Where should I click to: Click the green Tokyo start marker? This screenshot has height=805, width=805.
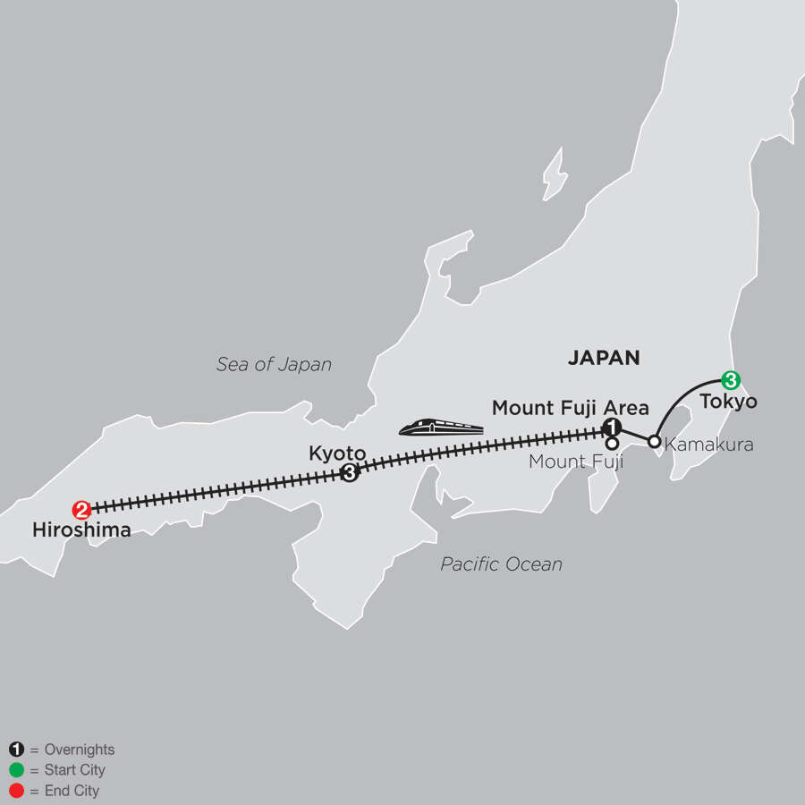731,380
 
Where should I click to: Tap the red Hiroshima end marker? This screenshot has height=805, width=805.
81,510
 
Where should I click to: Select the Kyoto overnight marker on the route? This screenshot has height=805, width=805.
351,473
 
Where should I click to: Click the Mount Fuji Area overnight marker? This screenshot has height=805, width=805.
612,427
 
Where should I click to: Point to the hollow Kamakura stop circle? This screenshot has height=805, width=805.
654,442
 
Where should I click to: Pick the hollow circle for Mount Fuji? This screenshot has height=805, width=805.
613,443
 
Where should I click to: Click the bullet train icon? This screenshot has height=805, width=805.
441,428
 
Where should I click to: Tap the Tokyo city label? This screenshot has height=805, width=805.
728,402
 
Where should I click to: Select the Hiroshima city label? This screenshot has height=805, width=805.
81,530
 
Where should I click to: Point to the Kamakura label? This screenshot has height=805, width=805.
709,443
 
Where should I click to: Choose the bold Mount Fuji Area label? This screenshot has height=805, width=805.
570,409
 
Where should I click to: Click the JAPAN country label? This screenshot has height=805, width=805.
604,358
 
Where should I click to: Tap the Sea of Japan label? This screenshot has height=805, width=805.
274,364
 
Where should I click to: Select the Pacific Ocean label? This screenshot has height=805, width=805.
501,563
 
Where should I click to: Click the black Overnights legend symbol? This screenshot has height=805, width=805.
15,750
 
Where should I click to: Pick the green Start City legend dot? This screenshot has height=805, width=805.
15,770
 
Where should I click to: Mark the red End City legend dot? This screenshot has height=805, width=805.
15,791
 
